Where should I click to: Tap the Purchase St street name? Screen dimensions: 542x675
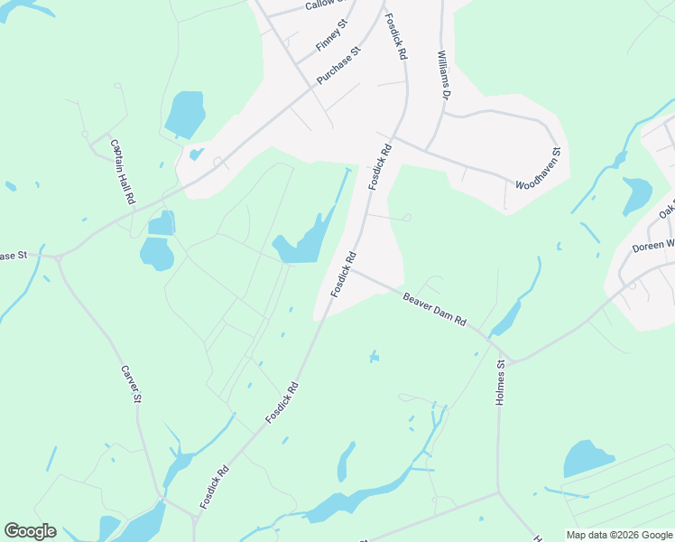pos(338,65)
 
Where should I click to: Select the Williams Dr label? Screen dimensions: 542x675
pos(443,75)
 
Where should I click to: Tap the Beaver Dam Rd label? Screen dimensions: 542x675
pos(434,308)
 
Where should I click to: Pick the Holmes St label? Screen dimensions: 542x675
pos(501,383)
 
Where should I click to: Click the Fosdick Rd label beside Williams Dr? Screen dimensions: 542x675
pos(395,37)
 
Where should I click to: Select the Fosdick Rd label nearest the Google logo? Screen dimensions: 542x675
pos(215,486)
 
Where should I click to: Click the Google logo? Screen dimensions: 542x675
pos(30,531)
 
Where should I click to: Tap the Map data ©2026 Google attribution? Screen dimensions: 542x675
pos(619,535)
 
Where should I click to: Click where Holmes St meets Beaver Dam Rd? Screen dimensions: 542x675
pos(508,359)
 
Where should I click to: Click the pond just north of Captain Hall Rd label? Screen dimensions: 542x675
pos(184,114)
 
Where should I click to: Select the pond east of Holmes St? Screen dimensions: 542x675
pos(588,459)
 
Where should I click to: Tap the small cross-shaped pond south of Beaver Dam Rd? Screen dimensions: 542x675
pos(374,358)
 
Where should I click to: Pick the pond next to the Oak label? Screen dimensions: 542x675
pos(637,194)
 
